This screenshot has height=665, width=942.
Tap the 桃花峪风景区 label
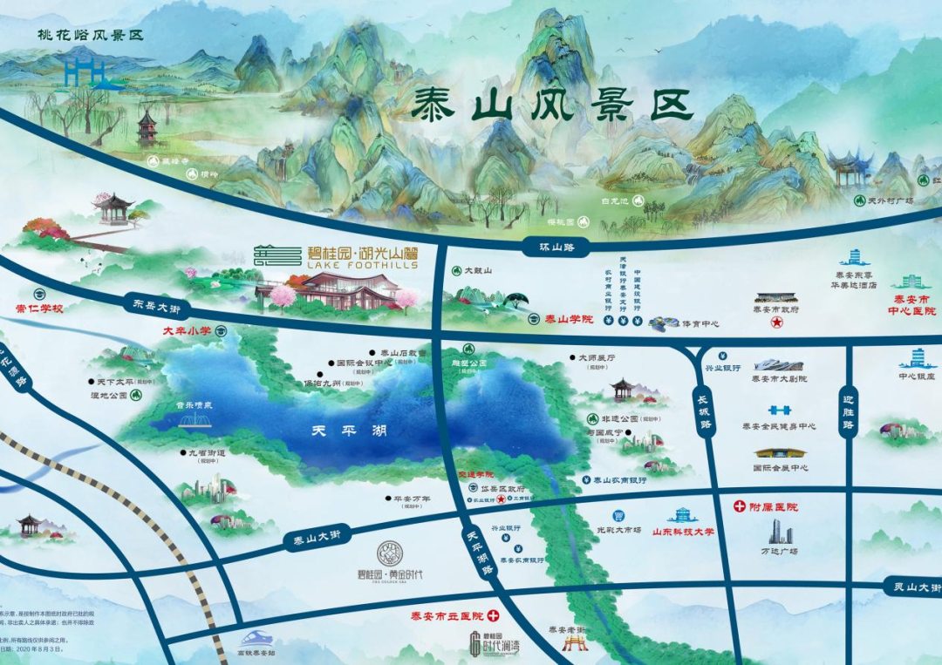(x=90, y=36)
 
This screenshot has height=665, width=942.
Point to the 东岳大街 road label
(x=157, y=306)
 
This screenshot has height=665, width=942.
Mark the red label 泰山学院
(x=569, y=319)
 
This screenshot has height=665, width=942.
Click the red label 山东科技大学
(x=678, y=531)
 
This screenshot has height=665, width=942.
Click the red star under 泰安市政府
(x=775, y=323)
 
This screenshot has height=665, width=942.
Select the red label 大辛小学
(x=188, y=331)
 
